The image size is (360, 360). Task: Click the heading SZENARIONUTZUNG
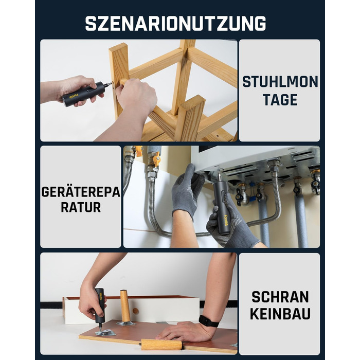pyautogui.click(x=175, y=23)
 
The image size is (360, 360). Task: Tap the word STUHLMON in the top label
pyautogui.click(x=280, y=82)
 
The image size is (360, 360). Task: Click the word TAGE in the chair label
pyautogui.click(x=280, y=100)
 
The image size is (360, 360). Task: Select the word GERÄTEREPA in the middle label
pyautogui.click(x=81, y=192)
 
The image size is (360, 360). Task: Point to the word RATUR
pyautogui.click(x=81, y=207)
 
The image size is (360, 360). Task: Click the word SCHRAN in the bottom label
pyautogui.click(x=280, y=297)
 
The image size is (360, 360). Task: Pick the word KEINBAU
pyautogui.click(x=280, y=314)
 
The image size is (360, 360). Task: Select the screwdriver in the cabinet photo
pyautogui.click(x=100, y=308)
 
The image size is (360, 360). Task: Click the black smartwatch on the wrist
pyautogui.click(x=208, y=321)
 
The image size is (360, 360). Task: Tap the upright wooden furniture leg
pyautogui.click(x=124, y=307)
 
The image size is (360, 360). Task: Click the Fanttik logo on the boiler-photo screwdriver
pyautogui.click(x=226, y=221)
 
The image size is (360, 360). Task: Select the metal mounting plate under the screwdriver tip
pyautogui.click(x=105, y=332)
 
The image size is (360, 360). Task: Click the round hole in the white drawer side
pyautogui.click(x=136, y=311)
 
